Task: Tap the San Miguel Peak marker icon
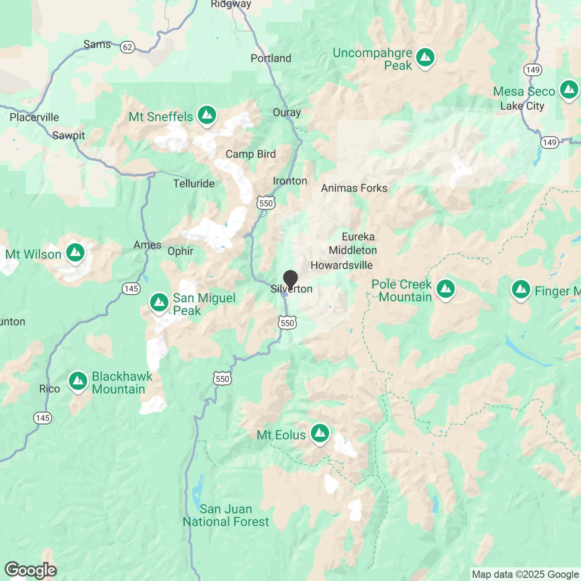pyautogui.click(x=159, y=302)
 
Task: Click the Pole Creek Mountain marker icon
pyautogui.click(x=446, y=289)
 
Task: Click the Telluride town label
pyautogui.click(x=194, y=183)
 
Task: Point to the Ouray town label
pyautogui.click(x=287, y=112)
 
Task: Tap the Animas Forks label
pyautogui.click(x=354, y=188)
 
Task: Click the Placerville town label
pyautogui.click(x=34, y=117)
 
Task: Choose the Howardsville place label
pyautogui.click(x=341, y=265)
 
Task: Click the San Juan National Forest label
pyautogui.click(x=226, y=515)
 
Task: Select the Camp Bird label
pyautogui.click(x=251, y=154)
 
